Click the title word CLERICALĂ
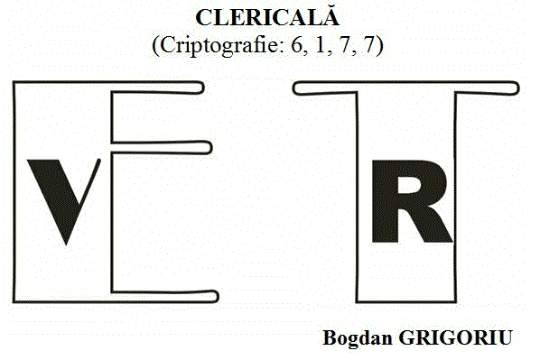[268, 18]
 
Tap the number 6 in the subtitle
[296, 46]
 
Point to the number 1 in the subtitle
[315, 46]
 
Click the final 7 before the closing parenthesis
[371, 46]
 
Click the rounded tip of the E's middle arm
[210, 146]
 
